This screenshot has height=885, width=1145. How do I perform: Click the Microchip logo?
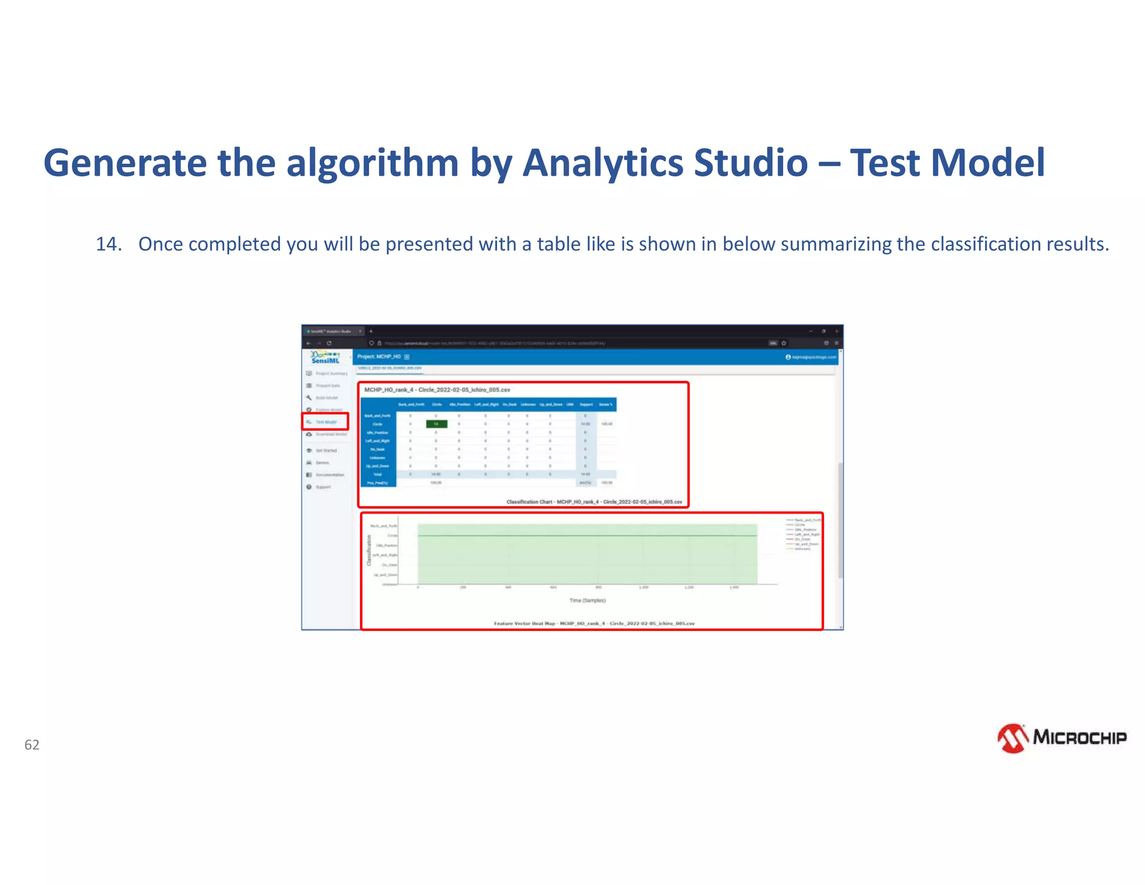pyautogui.click(x=1061, y=738)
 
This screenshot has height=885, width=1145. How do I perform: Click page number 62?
pyautogui.click(x=32, y=745)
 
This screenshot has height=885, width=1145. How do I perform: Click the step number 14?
pyautogui.click(x=108, y=244)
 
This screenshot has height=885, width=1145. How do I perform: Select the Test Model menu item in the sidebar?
pyautogui.click(x=326, y=422)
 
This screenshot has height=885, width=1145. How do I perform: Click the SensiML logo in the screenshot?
pyautogui.click(x=325, y=357)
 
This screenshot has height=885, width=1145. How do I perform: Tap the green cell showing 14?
pyautogui.click(x=436, y=424)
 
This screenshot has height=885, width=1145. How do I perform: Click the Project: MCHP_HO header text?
pyautogui.click(x=379, y=356)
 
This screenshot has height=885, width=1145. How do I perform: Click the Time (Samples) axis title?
pyautogui.click(x=587, y=600)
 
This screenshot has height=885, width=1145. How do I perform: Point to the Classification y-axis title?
pyautogui.click(x=368, y=550)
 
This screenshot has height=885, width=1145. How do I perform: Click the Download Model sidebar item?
pyautogui.click(x=330, y=434)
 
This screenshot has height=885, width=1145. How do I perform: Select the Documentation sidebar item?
pyautogui.click(x=329, y=475)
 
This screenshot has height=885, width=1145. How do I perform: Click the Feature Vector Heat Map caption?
pyautogui.click(x=594, y=623)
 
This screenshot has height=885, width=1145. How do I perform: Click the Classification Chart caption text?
pyautogui.click(x=594, y=502)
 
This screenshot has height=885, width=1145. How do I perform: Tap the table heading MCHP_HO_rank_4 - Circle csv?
pyautogui.click(x=437, y=390)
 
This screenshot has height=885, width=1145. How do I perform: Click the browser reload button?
pyautogui.click(x=329, y=343)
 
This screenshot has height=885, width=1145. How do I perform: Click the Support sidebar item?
pyautogui.click(x=323, y=487)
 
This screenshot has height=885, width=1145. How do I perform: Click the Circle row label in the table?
pyautogui.click(x=378, y=424)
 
